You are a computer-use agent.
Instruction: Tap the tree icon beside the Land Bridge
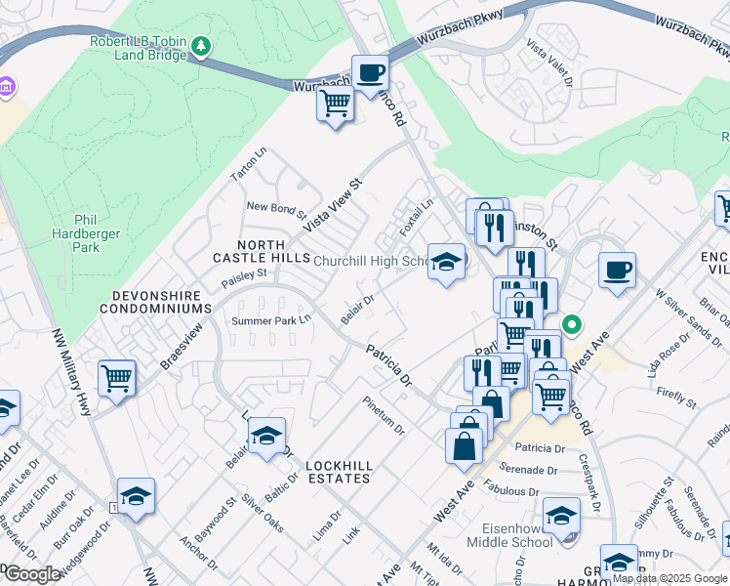point(201,46)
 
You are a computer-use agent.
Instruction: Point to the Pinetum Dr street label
point(384,415)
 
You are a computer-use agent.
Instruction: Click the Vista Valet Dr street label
point(549,63)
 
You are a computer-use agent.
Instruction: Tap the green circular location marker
point(574,325)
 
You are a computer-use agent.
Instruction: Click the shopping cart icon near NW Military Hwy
point(116,377)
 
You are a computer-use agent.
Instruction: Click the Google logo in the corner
point(32,574)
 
